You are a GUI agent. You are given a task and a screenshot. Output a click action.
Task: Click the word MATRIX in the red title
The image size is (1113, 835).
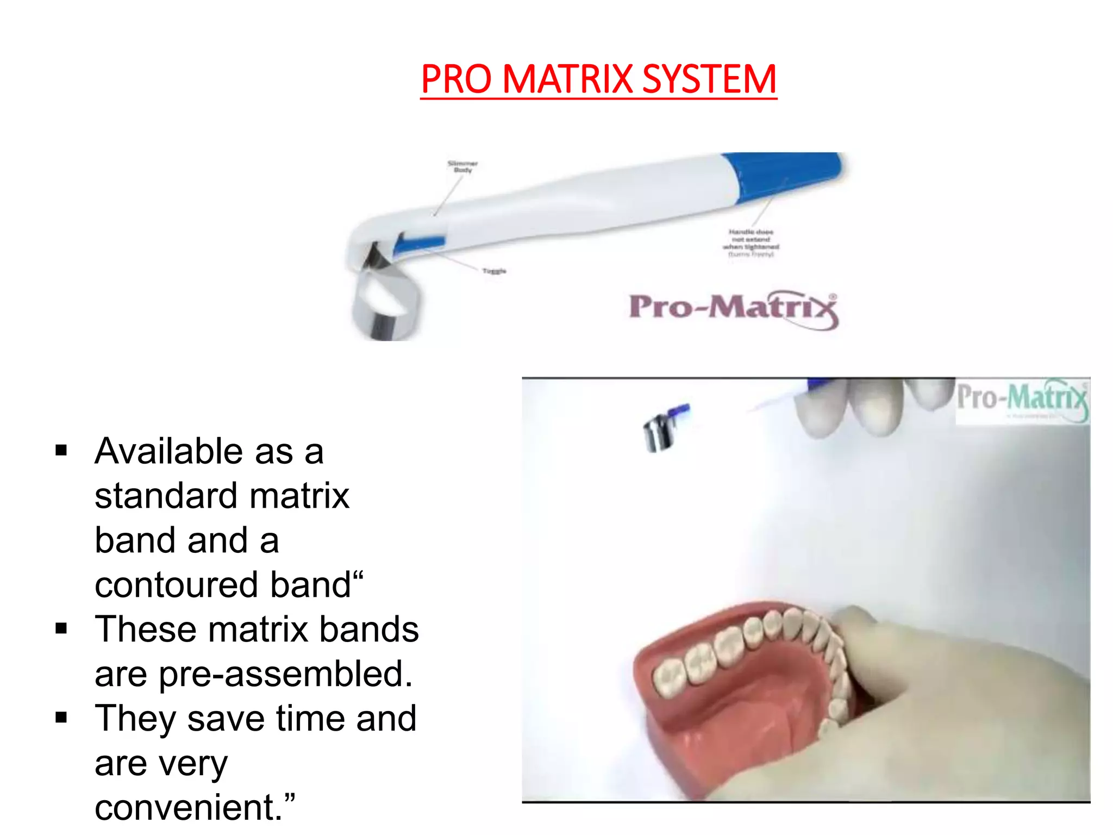click(x=568, y=79)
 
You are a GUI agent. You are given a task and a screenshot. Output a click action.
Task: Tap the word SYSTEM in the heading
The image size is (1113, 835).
click(x=709, y=79)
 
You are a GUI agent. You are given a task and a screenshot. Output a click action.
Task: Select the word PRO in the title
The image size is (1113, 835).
click(x=456, y=79)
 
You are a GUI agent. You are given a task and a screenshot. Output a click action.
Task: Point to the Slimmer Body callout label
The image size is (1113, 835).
click(x=462, y=166)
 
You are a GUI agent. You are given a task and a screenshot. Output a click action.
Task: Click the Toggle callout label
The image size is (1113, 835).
click(x=494, y=271)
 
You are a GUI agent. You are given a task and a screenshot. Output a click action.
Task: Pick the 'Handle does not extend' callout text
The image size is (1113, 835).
click(x=751, y=242)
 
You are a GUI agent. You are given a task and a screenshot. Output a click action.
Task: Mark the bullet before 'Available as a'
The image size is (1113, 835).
click(x=61, y=451)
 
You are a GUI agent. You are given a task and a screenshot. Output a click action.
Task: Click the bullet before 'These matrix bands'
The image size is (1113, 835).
click(x=61, y=629)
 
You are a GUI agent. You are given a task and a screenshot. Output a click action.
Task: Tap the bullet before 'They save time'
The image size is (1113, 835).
click(x=61, y=718)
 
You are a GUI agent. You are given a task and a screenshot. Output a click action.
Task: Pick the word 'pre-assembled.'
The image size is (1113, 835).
click(x=286, y=674)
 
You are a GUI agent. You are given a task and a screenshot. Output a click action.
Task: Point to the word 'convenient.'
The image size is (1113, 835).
click(x=188, y=807)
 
